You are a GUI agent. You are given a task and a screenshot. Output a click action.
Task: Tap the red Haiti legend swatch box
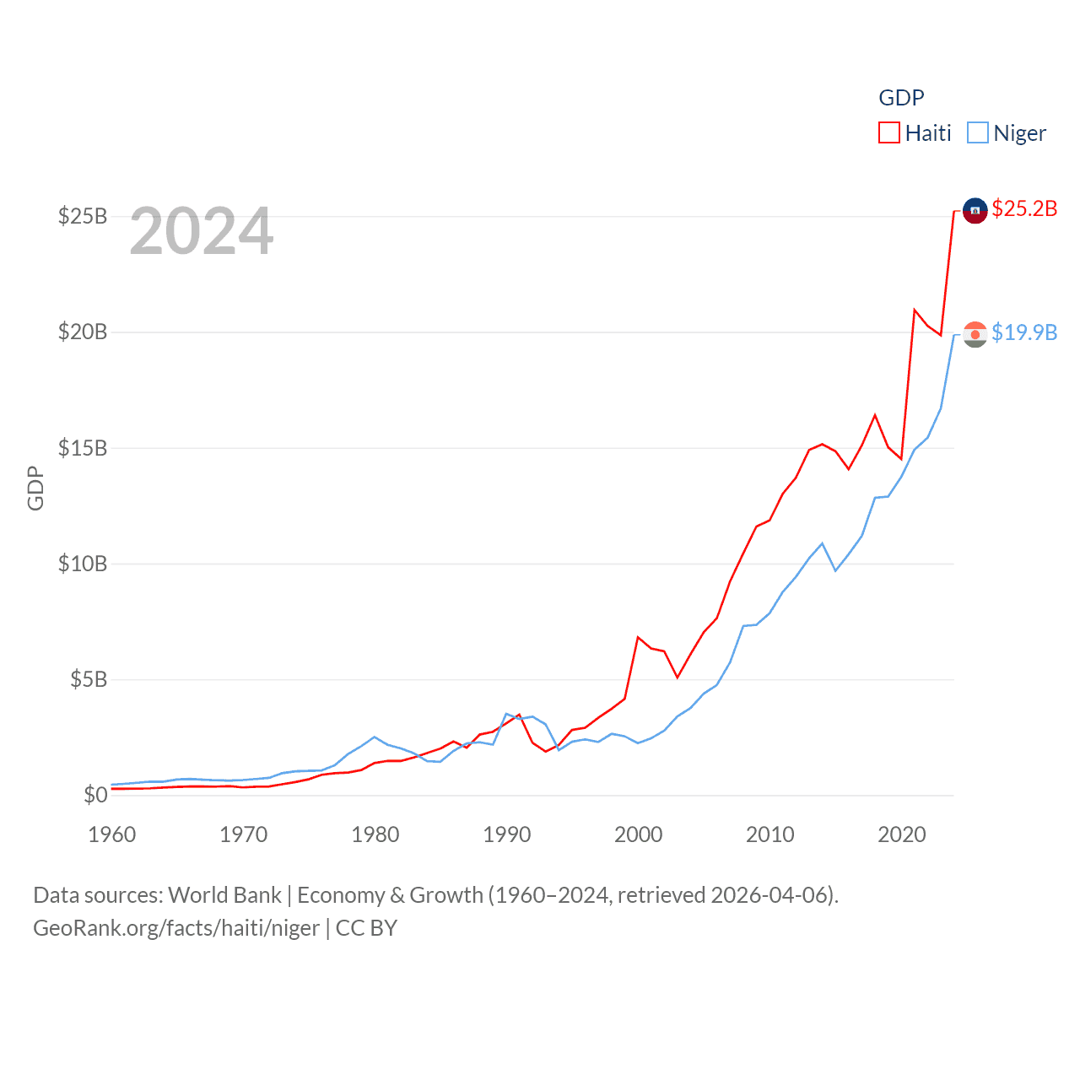[889, 133]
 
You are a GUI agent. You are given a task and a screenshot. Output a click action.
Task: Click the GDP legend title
[901, 98]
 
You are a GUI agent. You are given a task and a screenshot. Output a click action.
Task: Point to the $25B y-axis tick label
[83, 216]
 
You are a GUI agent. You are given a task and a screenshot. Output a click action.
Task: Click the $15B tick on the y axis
[83, 448]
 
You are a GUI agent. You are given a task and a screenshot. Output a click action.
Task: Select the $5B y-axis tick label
[89, 679]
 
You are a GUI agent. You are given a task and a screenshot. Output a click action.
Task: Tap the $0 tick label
[95, 795]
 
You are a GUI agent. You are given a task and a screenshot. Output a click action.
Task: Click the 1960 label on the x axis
[112, 834]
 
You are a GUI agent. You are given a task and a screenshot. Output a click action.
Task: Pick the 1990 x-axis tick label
[507, 834]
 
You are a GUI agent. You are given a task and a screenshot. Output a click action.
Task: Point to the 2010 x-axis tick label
[770, 834]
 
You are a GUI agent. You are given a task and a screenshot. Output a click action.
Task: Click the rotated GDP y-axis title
[35, 488]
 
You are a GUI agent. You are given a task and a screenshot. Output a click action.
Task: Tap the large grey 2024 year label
[202, 231]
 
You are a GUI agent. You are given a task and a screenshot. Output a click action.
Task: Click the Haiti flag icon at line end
[975, 211]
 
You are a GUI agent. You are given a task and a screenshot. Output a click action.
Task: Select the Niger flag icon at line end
[975, 335]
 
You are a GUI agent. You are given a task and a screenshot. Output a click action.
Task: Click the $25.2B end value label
[1024, 208]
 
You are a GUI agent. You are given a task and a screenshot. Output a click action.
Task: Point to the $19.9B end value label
[1024, 332]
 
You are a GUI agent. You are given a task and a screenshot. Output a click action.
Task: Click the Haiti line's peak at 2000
[638, 637]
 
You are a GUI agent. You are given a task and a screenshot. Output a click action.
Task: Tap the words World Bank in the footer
[225, 895]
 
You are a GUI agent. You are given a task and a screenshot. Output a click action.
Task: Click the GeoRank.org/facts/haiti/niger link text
[176, 928]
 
